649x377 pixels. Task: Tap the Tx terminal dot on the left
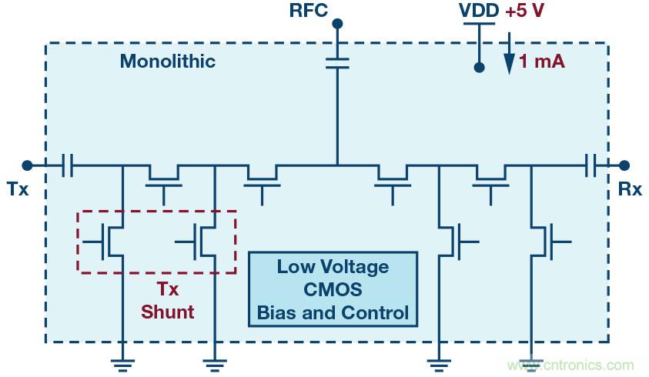[27, 164]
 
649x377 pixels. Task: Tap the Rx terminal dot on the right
[624, 164]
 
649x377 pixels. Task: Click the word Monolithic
[168, 62]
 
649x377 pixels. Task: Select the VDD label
[478, 11]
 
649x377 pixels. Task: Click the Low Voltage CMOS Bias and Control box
[333, 290]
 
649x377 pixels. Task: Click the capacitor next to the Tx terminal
[67, 164]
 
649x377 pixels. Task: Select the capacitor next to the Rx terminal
[590, 164]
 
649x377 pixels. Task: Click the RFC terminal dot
[336, 24]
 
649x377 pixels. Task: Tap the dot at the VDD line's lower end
[478, 68]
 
